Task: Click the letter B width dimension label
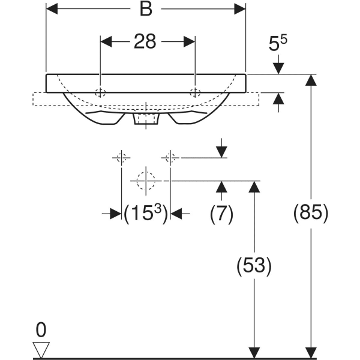(x=146, y=9)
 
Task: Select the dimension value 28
(x=145, y=41)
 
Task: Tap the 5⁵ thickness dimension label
(x=278, y=43)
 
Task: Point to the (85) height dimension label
(x=311, y=212)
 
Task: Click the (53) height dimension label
(x=254, y=266)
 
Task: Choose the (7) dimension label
(x=221, y=214)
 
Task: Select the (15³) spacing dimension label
(x=146, y=214)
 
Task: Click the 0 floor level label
(x=41, y=329)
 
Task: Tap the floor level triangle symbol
(x=41, y=350)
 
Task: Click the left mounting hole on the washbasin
(x=100, y=93)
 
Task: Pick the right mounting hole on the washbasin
(x=195, y=93)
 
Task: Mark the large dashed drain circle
(x=146, y=181)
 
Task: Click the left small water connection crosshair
(x=121, y=158)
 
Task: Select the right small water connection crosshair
(x=170, y=158)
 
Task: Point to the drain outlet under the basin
(x=146, y=117)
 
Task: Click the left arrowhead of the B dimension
(x=52, y=9)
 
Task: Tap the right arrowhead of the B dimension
(x=240, y=9)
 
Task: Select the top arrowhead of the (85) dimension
(x=311, y=80)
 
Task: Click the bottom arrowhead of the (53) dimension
(x=254, y=353)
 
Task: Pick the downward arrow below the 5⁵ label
(x=278, y=65)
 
